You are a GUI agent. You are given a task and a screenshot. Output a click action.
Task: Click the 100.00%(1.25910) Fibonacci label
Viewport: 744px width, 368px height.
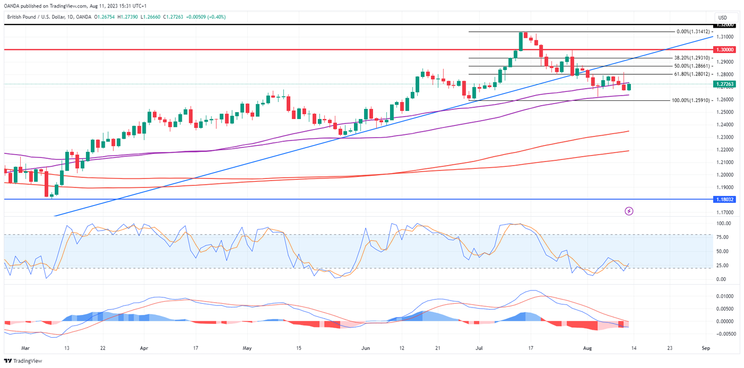click(x=691, y=100)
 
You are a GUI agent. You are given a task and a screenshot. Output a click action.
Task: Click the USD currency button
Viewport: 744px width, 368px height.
click(x=722, y=18)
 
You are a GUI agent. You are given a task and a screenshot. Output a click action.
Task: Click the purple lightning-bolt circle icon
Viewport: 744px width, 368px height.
click(x=629, y=211)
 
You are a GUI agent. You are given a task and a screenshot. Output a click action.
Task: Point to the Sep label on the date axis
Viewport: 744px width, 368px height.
click(x=706, y=348)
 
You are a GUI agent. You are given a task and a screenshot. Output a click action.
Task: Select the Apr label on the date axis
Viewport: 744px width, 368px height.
click(x=143, y=348)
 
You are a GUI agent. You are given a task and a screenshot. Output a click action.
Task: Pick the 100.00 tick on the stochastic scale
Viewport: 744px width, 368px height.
click(x=723, y=224)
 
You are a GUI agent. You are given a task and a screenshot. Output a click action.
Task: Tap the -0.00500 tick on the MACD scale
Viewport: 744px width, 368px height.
click(x=724, y=334)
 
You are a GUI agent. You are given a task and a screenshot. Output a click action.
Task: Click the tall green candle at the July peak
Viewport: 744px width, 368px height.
click(x=520, y=42)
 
